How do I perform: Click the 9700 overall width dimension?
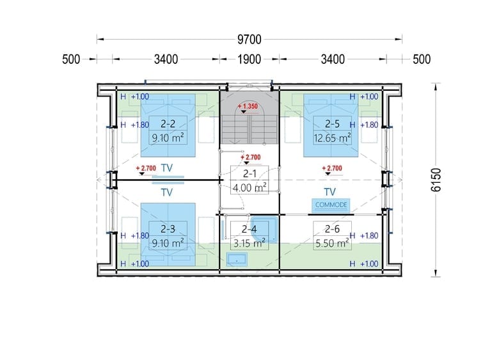pos(249,40)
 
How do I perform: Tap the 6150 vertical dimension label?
pos(436,180)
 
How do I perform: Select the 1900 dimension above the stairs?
pos(249,59)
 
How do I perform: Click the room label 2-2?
pos(168,123)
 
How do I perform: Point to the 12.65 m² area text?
pos(332,138)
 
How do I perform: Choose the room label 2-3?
pos(168,229)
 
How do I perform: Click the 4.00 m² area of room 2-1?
pos(249,187)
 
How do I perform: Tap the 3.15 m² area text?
pos(249,243)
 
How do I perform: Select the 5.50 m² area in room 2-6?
pos(332,243)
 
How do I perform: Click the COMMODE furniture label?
pos(331,205)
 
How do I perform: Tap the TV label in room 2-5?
pos(329,192)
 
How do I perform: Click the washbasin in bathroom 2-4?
pos(237,260)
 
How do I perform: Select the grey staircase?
pos(249,118)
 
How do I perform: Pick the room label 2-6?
pos(332,229)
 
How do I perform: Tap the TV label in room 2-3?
pos(167,192)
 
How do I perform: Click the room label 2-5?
pos(332,123)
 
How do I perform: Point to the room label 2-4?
pos(249,229)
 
